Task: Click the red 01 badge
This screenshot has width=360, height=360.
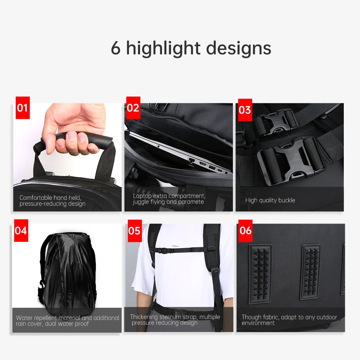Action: coord(22,107)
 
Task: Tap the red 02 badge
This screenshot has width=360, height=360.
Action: coord(133,108)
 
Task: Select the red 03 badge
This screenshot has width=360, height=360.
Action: coord(245,110)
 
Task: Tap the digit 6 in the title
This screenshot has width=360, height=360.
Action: coord(116,49)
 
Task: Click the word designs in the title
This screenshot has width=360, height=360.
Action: coord(239,49)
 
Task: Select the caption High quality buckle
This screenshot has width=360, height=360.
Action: coord(270,200)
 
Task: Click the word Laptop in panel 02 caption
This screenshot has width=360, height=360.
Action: coord(142,196)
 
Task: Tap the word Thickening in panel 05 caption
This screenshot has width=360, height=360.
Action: coord(144,317)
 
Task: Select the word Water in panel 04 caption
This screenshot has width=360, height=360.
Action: coord(24,318)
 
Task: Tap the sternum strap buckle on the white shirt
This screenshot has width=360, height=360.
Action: coord(164,250)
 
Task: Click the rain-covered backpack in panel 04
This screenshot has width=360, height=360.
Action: coord(68,270)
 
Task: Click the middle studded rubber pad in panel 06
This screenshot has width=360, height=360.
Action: coord(310,272)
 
